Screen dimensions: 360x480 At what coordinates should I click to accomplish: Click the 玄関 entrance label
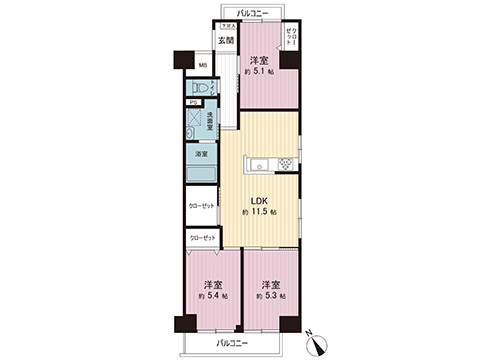click(226, 41)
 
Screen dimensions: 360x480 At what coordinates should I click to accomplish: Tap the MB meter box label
click(202, 66)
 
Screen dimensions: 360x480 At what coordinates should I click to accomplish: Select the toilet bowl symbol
click(204, 89)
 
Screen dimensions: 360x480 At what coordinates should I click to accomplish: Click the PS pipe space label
click(192, 103)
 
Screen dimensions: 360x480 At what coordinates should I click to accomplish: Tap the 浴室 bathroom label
click(202, 154)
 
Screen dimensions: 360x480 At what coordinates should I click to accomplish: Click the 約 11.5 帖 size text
click(259, 213)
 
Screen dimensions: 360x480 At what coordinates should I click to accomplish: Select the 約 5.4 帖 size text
click(213, 297)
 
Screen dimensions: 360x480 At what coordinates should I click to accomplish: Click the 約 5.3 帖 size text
click(270, 297)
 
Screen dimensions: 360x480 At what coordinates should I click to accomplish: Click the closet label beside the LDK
click(201, 206)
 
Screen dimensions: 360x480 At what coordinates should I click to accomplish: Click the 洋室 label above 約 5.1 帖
click(259, 59)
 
